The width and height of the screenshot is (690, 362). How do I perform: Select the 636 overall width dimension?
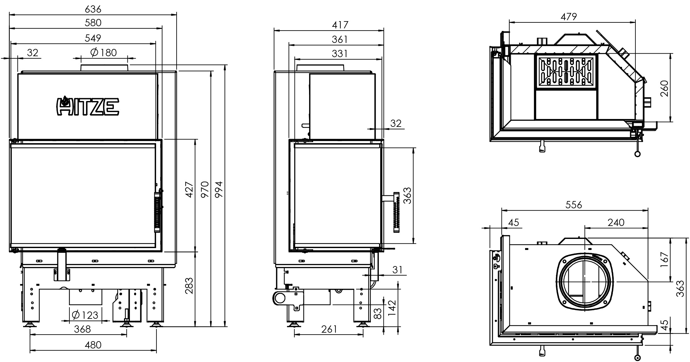pos(93,9)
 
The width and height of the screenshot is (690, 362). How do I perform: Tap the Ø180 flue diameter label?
pos(104,52)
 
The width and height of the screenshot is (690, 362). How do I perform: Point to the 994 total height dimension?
pos(219,189)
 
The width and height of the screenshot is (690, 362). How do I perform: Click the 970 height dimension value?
pos(205,189)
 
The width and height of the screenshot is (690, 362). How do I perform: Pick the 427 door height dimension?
pos(189,189)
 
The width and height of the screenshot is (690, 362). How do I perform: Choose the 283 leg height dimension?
pos(189,285)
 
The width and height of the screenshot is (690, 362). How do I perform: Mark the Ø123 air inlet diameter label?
pos(85,315)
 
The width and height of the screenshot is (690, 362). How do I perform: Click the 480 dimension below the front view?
pos(93,345)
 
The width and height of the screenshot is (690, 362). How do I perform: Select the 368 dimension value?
pos(82,329)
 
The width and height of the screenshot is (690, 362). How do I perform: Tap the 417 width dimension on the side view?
pos(340,25)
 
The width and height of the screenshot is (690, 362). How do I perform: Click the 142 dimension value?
pos(392,308)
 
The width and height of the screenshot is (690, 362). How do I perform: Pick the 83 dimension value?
pos(377,314)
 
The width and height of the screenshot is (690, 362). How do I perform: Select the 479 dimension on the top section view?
pos(569,16)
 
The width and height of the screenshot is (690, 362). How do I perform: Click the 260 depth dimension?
pos(664,88)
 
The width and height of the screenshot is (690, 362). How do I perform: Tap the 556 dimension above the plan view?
pos(573,205)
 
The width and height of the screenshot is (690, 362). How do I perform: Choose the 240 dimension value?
pos(616,223)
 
